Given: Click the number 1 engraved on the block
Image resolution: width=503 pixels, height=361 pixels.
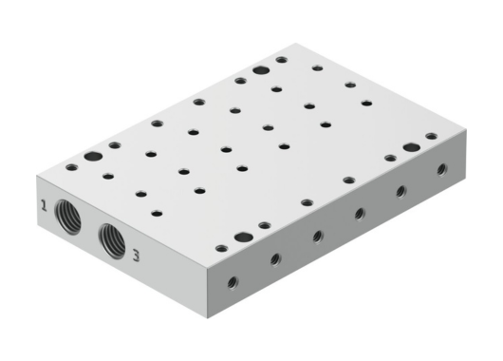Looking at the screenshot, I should [44, 204].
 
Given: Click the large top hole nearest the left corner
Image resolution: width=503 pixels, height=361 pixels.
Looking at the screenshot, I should [92, 157].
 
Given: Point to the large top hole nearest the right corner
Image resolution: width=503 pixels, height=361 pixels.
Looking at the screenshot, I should [410, 147].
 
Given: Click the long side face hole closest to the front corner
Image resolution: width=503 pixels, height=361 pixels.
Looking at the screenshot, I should [232, 281].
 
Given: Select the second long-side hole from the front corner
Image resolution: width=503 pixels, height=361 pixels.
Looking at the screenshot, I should [274, 257].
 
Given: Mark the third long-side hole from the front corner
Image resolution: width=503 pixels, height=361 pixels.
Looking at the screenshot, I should [317, 235].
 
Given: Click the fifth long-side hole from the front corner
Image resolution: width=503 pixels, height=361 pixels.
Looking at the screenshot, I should [401, 192].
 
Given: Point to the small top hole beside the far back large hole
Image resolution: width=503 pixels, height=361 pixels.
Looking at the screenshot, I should [282, 60].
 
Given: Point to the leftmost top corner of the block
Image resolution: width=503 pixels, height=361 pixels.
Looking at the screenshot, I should [38, 178].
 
